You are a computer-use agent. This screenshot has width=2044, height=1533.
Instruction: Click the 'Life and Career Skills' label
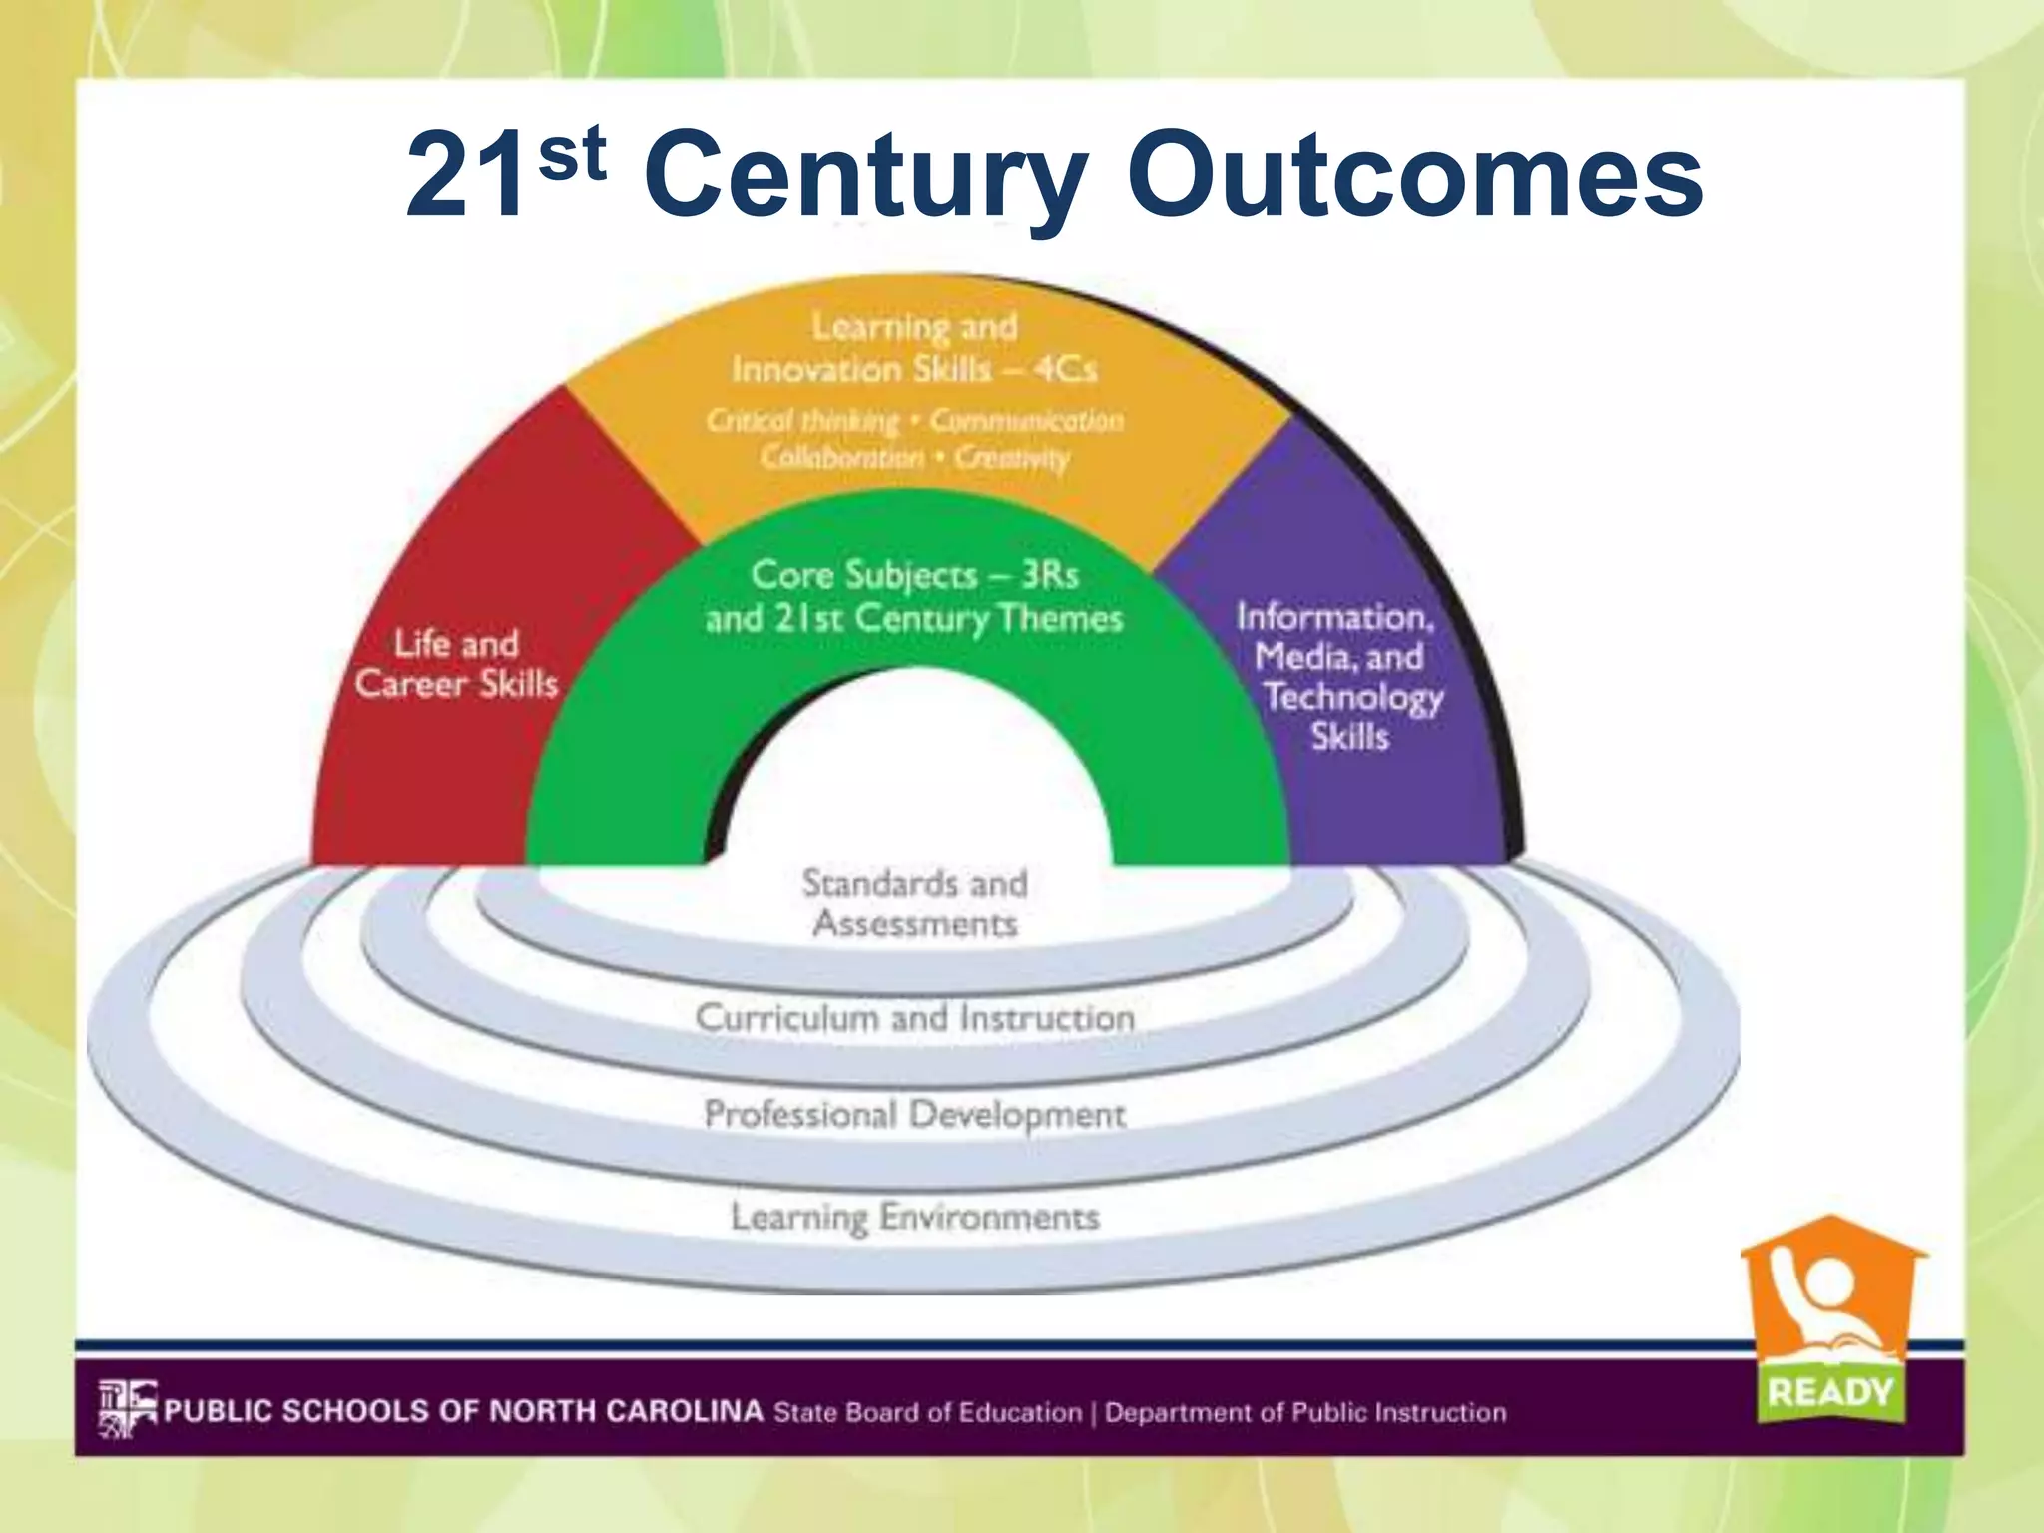(x=456, y=664)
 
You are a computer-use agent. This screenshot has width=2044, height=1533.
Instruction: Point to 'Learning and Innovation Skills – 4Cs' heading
(x=914, y=348)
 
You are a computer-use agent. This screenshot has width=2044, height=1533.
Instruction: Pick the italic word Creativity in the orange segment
(x=1011, y=458)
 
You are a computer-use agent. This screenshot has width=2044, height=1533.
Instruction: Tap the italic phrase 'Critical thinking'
(x=802, y=421)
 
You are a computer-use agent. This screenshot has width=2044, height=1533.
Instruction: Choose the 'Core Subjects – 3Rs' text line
(x=914, y=575)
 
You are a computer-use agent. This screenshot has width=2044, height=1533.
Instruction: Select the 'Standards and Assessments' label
(x=914, y=903)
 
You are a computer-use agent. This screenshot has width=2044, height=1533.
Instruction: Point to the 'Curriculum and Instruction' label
(x=914, y=1018)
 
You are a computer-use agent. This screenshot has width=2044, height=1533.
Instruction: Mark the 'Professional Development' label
(x=914, y=1114)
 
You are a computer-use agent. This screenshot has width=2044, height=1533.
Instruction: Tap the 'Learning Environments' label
(x=914, y=1217)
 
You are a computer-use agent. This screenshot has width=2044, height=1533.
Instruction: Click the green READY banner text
(x=1829, y=1391)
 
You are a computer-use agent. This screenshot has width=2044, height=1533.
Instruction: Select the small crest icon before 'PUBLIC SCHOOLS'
(x=127, y=1409)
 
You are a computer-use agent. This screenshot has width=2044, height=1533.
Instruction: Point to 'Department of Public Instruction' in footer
(x=1305, y=1413)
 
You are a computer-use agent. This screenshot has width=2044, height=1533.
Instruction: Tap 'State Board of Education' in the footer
(x=927, y=1413)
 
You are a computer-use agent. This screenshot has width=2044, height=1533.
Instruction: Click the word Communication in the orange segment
(x=1026, y=421)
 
